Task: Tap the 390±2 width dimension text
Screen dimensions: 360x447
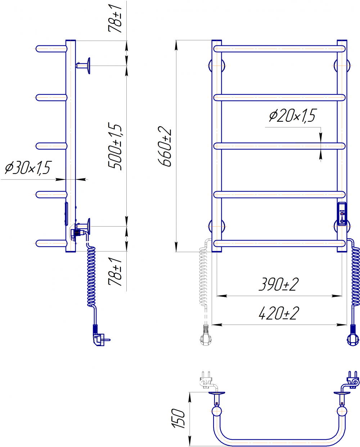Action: [x=279, y=284]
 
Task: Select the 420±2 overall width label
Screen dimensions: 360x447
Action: [x=279, y=313]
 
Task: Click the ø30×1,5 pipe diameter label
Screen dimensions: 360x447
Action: [x=28, y=167]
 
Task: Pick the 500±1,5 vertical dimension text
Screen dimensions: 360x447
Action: [x=114, y=147]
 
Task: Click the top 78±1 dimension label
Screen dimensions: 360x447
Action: [x=114, y=18]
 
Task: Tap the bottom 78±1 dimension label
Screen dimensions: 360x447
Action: [x=114, y=272]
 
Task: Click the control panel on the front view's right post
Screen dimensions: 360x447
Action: [x=342, y=214]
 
